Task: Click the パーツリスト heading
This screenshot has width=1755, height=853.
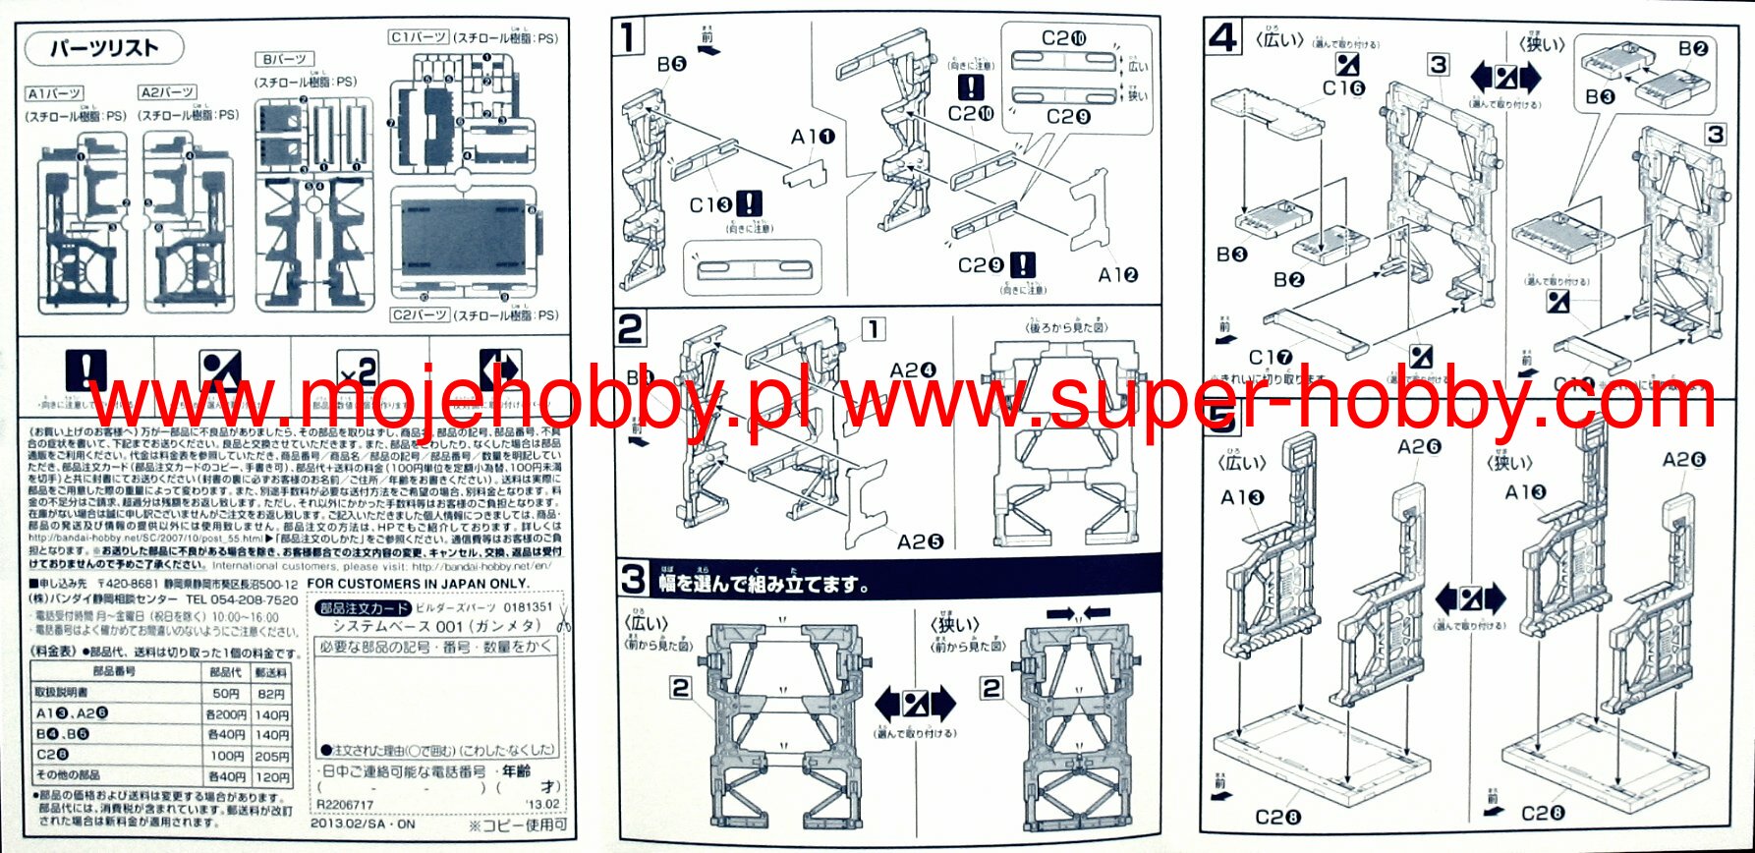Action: point(103,48)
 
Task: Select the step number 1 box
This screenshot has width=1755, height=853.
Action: point(629,38)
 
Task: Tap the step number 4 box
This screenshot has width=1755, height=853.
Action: point(1222,38)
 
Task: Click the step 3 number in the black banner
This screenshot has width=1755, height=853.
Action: point(634,580)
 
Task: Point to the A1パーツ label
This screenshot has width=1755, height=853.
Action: point(54,93)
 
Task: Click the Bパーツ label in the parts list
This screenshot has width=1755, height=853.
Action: point(283,60)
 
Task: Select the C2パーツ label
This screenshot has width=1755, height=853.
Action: point(420,315)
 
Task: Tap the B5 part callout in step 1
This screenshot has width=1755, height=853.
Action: point(672,65)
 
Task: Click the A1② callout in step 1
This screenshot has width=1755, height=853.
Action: point(1118,275)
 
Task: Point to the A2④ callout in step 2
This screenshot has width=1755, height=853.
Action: point(913,370)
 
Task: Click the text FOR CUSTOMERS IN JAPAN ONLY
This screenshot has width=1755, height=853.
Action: point(419,584)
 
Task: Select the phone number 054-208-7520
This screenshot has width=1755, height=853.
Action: point(242,599)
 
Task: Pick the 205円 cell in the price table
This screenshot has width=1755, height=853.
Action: point(272,756)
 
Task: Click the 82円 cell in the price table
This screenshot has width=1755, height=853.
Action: point(272,694)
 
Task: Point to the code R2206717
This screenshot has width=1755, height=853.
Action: point(345,804)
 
